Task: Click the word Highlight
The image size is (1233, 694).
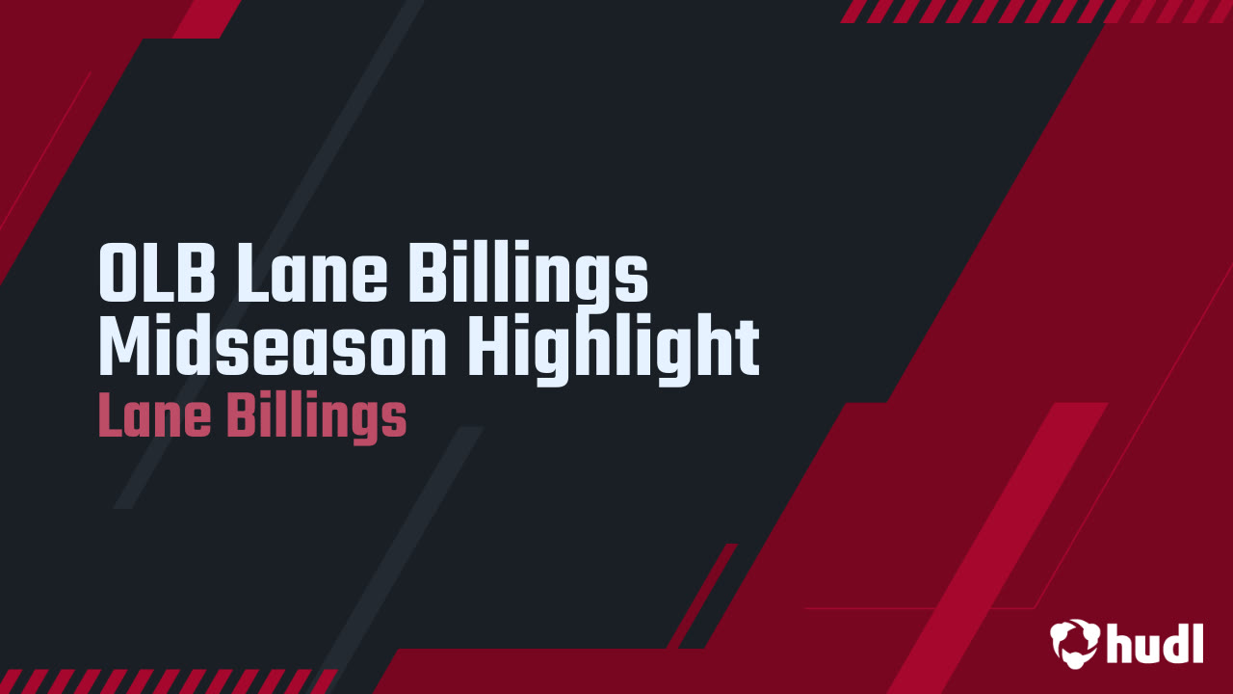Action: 614,352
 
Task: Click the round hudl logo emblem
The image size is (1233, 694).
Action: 1075,642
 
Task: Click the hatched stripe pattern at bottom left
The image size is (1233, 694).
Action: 169,681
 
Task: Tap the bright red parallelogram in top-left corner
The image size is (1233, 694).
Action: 206,17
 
